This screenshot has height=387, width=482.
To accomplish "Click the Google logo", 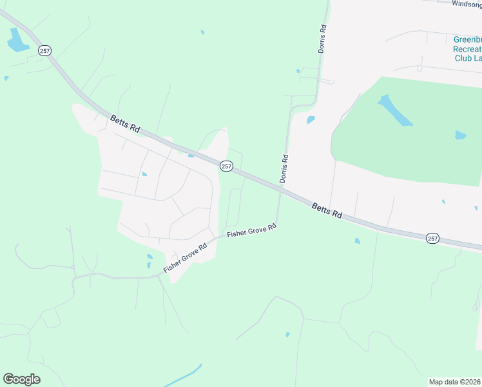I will click(x=21, y=379).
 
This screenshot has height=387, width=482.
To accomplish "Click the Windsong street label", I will click(x=466, y=4).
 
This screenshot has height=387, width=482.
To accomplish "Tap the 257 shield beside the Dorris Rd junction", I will click(x=226, y=166).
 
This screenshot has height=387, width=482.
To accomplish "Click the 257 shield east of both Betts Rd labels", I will click(x=432, y=239).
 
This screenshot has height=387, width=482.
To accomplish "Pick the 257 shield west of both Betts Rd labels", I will click(x=44, y=51).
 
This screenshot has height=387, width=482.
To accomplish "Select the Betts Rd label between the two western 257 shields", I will click(x=125, y=123).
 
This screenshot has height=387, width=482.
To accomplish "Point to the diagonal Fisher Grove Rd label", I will click(x=185, y=257).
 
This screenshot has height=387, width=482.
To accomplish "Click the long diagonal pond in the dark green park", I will click(x=395, y=110).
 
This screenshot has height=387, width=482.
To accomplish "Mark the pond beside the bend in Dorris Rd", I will click(x=311, y=120).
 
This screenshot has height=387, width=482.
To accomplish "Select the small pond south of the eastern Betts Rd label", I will click(x=357, y=241).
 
